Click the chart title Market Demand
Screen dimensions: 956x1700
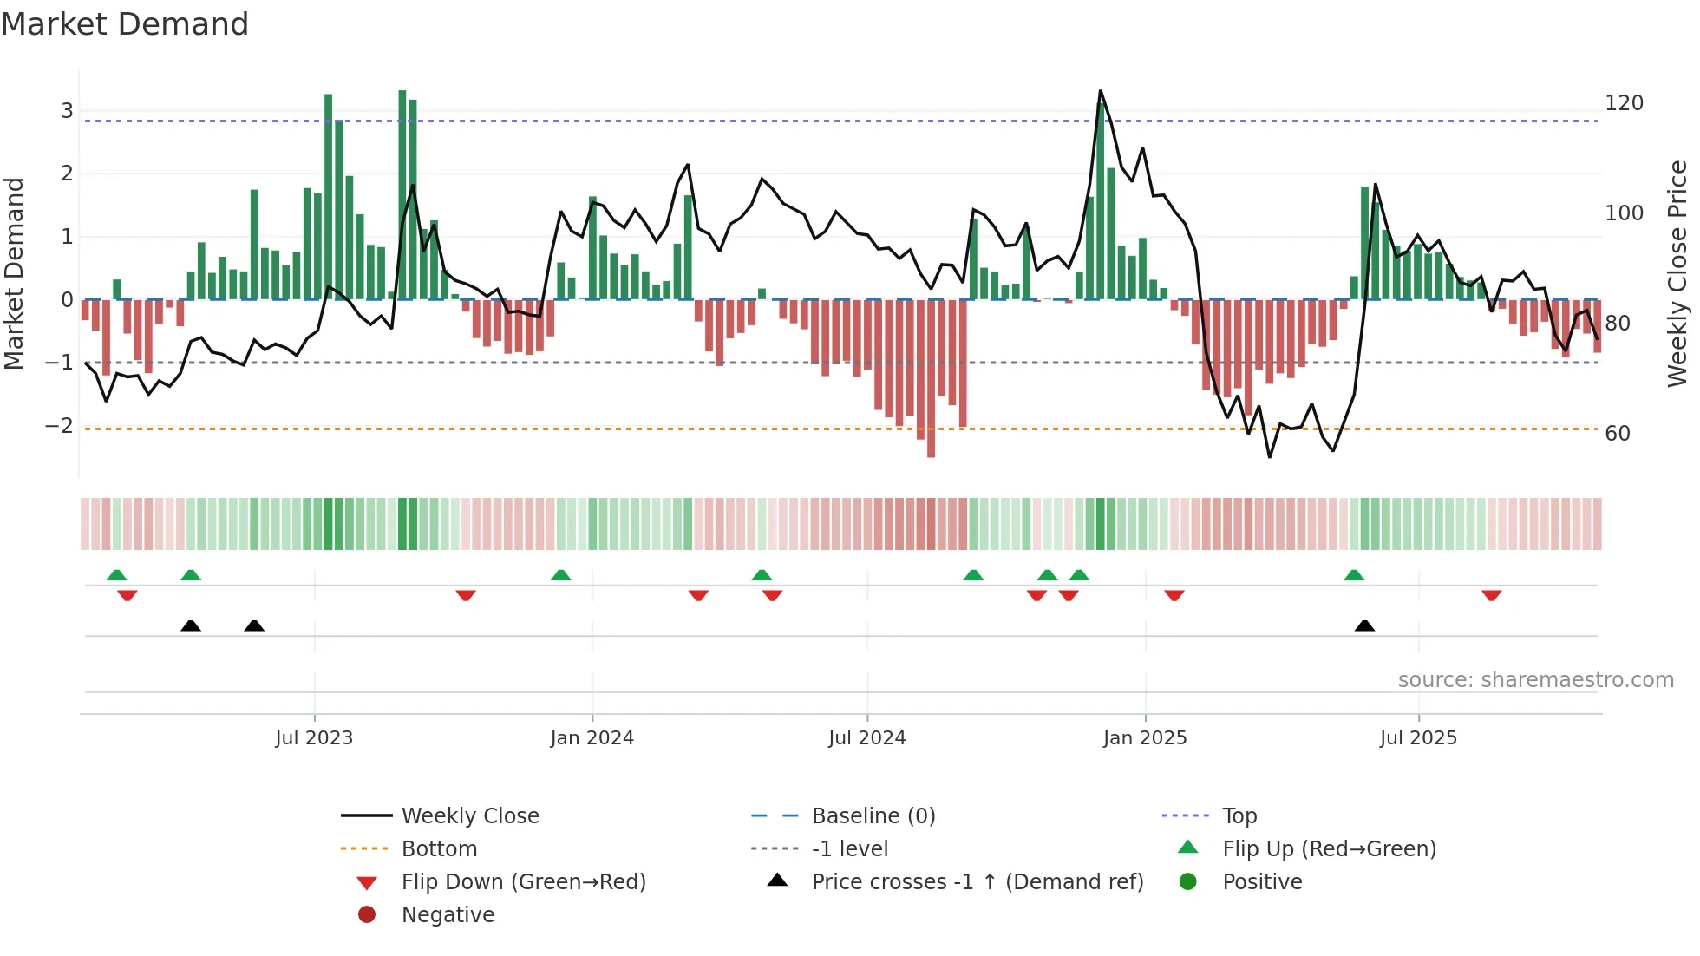click(125, 24)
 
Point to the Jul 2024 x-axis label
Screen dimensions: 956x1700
click(866, 738)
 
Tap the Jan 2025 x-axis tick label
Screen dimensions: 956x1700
click(1144, 738)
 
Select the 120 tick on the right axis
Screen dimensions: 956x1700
click(1624, 103)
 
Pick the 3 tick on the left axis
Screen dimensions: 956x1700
click(67, 111)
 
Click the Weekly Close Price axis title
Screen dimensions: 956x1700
click(1677, 273)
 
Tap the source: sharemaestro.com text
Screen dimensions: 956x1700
click(1535, 680)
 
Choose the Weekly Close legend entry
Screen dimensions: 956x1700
click(469, 816)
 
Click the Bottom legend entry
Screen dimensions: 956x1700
click(439, 849)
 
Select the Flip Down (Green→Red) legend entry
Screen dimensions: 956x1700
click(523, 882)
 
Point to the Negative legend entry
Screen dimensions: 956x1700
click(448, 915)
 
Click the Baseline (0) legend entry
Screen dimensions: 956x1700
click(873, 816)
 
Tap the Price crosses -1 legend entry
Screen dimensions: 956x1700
click(977, 882)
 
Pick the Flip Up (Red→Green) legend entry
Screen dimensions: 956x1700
click(1329, 849)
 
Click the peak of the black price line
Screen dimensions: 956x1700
click(1101, 91)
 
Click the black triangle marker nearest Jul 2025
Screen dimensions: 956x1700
click(1364, 625)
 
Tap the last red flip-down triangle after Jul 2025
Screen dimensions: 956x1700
click(1491, 595)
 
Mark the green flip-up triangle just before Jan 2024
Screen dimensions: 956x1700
click(561, 575)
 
